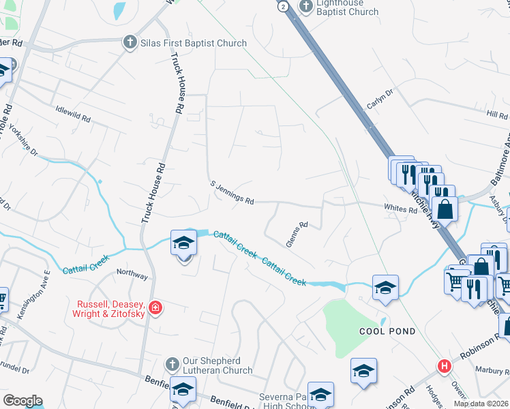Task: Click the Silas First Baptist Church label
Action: point(193,43)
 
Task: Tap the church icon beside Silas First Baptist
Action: point(130,43)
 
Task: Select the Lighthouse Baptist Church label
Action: point(348,7)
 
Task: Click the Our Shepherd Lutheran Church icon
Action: point(172,363)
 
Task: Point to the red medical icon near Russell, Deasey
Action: point(156,309)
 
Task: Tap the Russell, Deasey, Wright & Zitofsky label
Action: point(112,309)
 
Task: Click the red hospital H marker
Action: point(445,367)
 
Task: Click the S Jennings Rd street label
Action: point(232,193)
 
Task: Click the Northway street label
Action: point(132,275)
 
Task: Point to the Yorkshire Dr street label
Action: point(20,140)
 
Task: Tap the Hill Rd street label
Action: point(497,115)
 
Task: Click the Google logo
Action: point(22,401)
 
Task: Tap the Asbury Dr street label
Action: point(500,208)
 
